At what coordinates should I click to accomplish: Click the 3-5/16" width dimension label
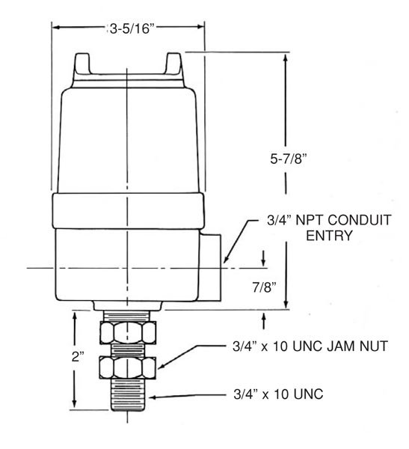(132, 28)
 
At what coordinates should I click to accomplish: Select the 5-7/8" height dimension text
(288, 159)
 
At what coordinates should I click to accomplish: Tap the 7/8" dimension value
(264, 287)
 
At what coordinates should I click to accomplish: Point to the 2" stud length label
(78, 356)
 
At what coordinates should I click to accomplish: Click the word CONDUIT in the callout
(359, 220)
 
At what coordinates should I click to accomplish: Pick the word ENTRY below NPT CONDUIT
(329, 236)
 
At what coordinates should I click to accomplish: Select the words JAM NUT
(357, 346)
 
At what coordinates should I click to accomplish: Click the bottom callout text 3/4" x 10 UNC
(278, 394)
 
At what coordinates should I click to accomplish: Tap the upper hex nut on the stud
(128, 332)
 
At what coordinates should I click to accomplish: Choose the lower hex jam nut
(128, 367)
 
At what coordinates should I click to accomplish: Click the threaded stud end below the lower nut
(128, 394)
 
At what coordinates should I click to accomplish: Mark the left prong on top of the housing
(82, 64)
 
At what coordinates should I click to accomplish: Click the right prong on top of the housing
(173, 64)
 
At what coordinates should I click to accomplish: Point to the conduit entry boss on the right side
(211, 267)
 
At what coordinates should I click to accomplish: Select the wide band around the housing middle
(128, 210)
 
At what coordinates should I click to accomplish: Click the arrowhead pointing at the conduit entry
(226, 258)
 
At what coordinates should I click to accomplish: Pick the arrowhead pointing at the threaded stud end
(153, 397)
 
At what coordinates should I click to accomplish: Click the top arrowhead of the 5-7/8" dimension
(286, 58)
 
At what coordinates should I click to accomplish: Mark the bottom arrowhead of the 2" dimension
(75, 403)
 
